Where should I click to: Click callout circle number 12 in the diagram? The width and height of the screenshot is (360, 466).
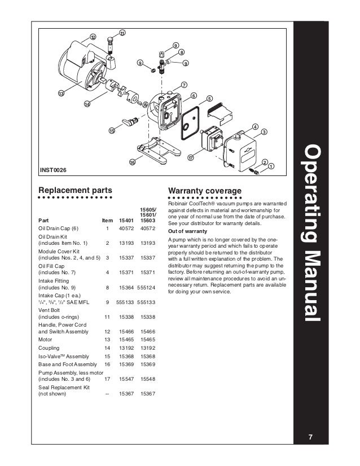(x=93, y=37)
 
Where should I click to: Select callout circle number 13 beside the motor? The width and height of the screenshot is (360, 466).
(x=60, y=93)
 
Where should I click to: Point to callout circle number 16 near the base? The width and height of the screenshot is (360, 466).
(x=133, y=162)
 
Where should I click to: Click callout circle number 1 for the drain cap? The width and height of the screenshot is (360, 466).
(x=271, y=166)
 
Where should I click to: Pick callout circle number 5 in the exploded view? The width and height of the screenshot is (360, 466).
(x=209, y=99)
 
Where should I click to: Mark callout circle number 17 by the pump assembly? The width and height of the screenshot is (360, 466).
(x=191, y=157)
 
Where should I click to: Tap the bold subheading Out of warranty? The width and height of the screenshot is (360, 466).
(x=188, y=231)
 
